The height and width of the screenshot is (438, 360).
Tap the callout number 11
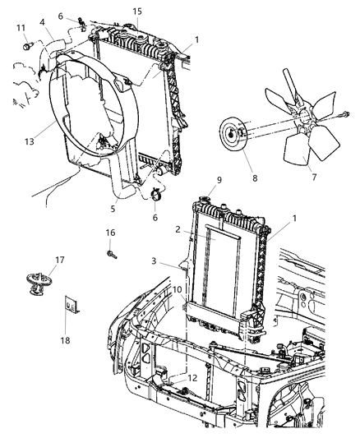pos(21,28)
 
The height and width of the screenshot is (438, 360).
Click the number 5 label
pos(136,209)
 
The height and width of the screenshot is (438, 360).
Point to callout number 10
pos(178,290)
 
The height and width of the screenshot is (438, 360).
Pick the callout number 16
pos(110,233)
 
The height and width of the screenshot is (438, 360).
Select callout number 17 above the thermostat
pos(36,262)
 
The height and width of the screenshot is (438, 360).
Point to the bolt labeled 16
pos(110,253)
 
